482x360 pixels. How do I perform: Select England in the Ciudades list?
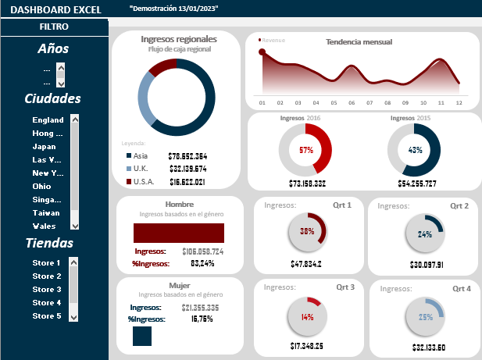point(48,120)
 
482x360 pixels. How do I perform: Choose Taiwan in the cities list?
point(45,212)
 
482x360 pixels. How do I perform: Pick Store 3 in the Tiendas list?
point(47,290)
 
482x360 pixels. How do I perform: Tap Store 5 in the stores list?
point(47,316)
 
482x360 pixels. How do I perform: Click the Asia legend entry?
point(140,156)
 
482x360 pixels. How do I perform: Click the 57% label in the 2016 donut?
point(306,150)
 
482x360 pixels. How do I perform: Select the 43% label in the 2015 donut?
point(415,150)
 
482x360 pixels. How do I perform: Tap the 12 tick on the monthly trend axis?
point(459,102)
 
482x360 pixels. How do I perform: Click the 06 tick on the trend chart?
point(352,102)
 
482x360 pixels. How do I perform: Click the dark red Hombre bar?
point(179,233)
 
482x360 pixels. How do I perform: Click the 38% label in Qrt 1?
point(307,232)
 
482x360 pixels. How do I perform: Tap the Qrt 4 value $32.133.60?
point(425,348)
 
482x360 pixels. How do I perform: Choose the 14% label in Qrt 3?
point(307,318)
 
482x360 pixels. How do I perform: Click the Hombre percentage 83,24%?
point(202,264)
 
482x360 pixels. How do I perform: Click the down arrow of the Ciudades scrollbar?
point(75,225)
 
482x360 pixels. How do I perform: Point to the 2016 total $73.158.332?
point(307,184)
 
